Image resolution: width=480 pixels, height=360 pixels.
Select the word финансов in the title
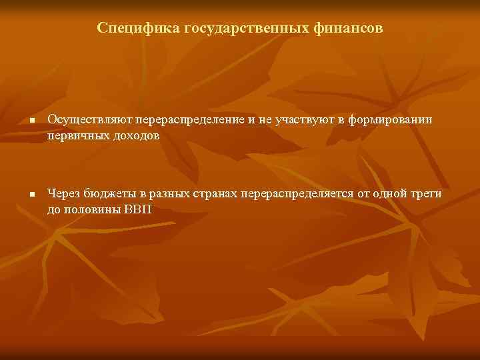click(x=351, y=28)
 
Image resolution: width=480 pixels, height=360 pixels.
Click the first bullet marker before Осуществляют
click(x=31, y=121)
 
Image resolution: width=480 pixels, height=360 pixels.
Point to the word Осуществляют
click(x=90, y=119)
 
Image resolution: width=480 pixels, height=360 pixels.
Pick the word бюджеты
click(x=111, y=194)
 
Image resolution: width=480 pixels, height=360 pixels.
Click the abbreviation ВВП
click(x=139, y=209)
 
